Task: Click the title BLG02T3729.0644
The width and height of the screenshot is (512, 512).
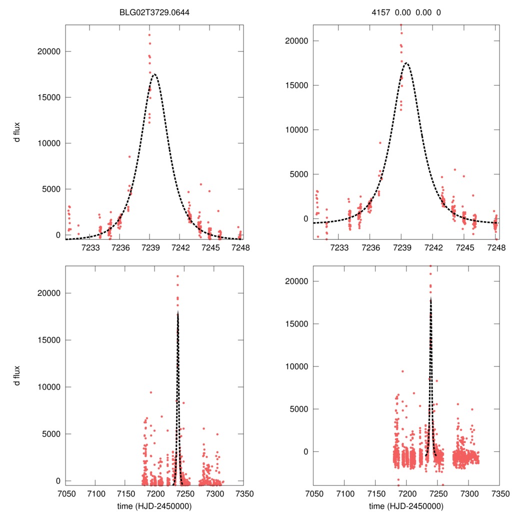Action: tap(154, 12)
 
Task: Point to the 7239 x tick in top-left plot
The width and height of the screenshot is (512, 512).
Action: tap(150, 247)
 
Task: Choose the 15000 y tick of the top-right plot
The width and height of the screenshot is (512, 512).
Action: tap(295, 85)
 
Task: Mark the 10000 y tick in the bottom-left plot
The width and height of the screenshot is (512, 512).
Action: tap(48, 387)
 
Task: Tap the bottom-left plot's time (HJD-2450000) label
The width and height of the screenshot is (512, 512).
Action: tap(154, 505)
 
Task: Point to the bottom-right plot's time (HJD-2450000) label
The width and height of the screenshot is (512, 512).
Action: tap(406, 505)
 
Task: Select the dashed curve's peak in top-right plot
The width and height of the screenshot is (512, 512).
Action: tap(406, 63)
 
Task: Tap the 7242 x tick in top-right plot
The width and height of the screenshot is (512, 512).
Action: tap(433, 247)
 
